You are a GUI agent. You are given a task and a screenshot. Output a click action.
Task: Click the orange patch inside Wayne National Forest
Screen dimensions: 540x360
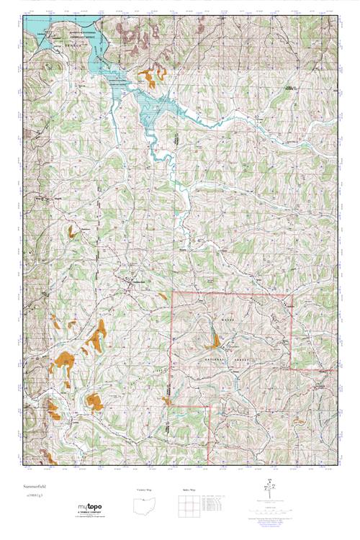tap(215, 338)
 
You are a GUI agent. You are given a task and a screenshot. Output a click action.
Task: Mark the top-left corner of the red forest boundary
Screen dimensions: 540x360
tap(172, 294)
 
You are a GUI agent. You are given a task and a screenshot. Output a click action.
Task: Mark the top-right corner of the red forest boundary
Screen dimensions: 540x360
tap(292, 294)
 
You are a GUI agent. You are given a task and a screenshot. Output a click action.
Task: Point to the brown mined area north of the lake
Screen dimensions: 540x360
tap(133, 32)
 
